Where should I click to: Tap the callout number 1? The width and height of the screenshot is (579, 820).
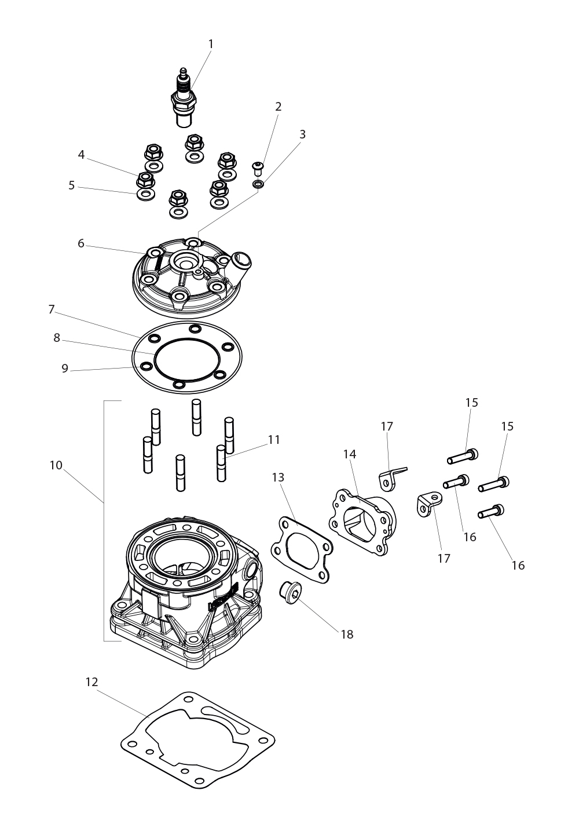[210, 44]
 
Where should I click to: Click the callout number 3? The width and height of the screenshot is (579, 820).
[302, 134]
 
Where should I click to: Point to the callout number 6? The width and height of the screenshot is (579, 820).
[81, 243]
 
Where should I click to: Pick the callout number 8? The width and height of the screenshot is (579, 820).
[56, 338]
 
